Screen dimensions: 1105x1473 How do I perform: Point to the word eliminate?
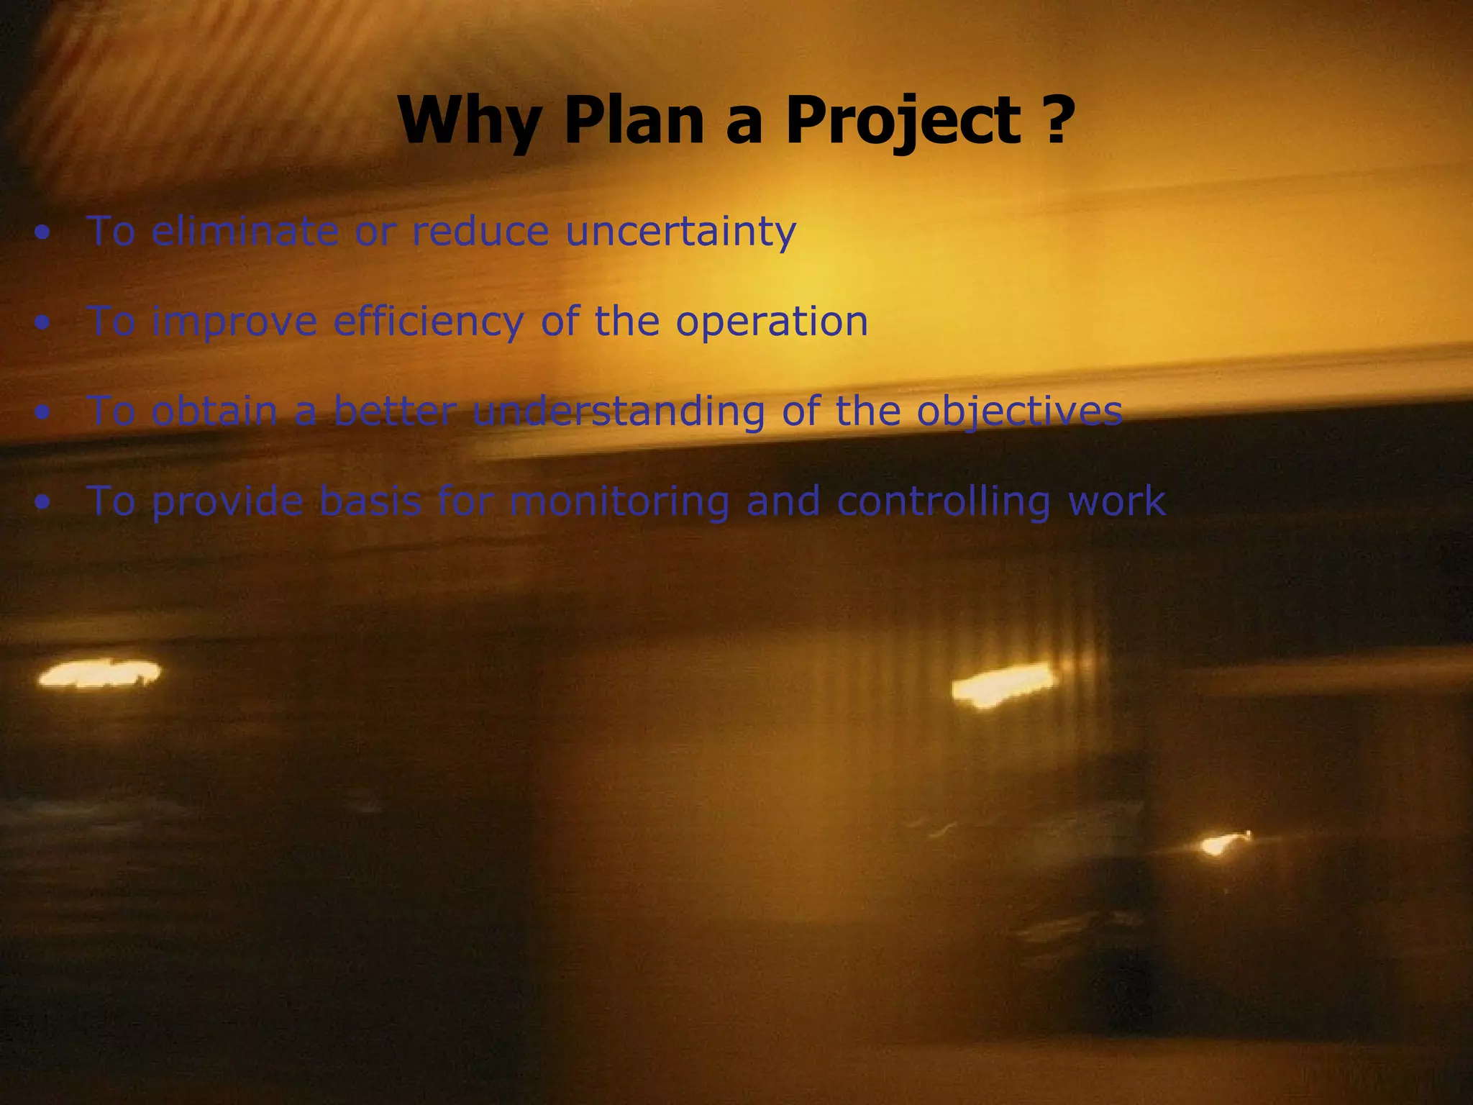tap(245, 232)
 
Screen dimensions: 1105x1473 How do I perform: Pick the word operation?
tap(771, 322)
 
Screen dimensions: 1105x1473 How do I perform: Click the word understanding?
tap(619, 411)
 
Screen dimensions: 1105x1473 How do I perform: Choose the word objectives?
tap(1019, 411)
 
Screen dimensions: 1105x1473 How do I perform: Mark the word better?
tap(395, 411)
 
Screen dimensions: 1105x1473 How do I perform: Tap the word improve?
tap(234, 322)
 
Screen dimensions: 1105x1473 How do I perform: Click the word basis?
tap(370, 501)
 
